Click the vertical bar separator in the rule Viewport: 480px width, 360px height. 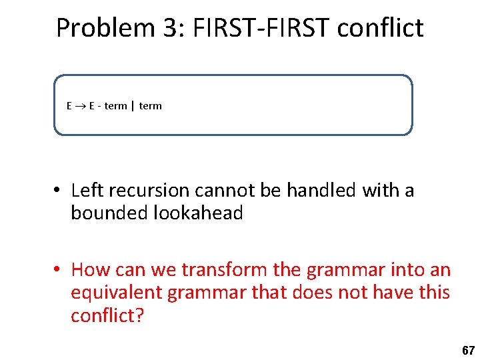pos(132,106)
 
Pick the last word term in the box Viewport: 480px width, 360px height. pos(150,106)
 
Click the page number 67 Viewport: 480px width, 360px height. pos(468,350)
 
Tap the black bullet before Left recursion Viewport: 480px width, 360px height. pos(59,191)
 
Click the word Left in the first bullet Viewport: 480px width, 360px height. pos(85,191)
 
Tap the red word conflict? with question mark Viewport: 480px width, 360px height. pos(107,315)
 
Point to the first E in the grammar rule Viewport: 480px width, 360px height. pos(69,106)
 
